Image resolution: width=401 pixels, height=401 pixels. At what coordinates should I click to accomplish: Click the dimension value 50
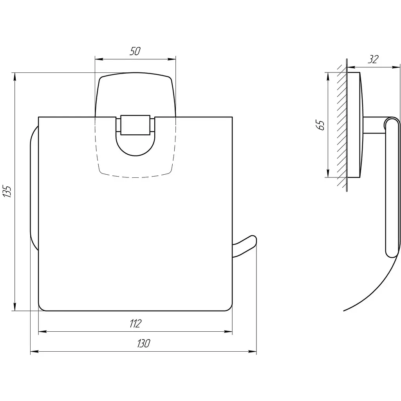tap(135, 51)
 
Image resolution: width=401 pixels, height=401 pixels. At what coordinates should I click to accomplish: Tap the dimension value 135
tap(7, 191)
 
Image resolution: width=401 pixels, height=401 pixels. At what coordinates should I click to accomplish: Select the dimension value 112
tap(135, 323)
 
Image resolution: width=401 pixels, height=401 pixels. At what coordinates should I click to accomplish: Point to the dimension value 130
tap(143, 343)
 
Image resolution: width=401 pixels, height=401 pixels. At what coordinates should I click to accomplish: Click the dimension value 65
tap(320, 125)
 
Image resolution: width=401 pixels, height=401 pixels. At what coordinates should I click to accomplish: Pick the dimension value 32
tap(373, 60)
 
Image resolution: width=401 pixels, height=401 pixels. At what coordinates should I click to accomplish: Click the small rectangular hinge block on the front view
tap(135, 125)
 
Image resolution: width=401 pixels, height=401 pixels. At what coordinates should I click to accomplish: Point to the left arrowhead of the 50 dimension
tap(99, 60)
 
